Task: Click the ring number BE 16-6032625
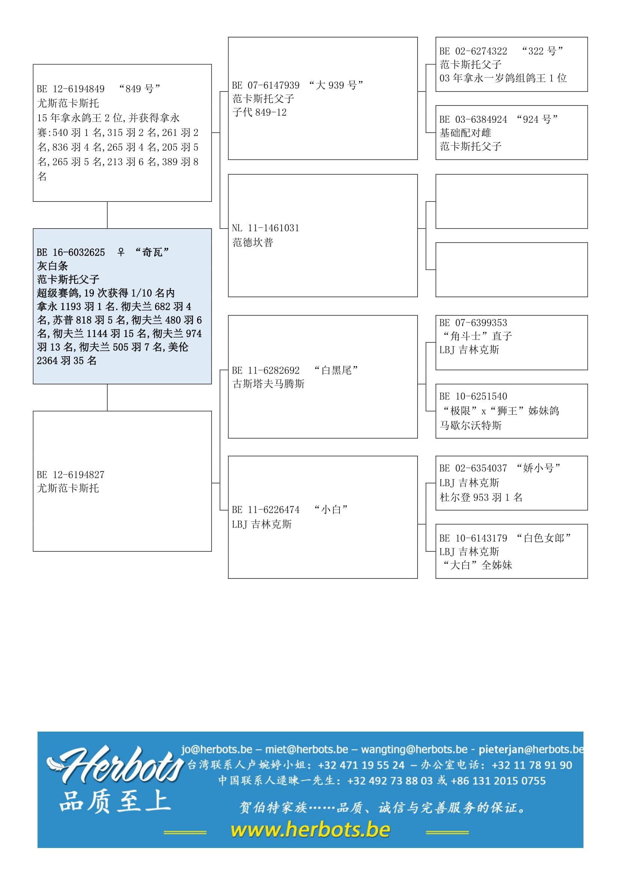[x=71, y=252]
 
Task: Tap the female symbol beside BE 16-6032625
[x=121, y=252]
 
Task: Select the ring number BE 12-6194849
[x=71, y=89]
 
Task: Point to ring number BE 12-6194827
[x=71, y=474]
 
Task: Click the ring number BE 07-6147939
[x=266, y=85]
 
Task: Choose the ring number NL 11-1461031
[x=265, y=228]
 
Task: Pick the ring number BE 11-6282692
[x=266, y=370]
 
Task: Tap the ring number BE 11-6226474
[x=266, y=510]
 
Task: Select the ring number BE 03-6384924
[x=473, y=119]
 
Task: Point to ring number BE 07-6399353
[x=473, y=323]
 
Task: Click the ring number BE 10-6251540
[x=473, y=396]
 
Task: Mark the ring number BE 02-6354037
[x=473, y=468]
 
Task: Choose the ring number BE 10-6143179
[x=473, y=538]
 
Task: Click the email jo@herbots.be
[x=217, y=749]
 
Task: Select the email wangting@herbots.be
[x=414, y=749]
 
